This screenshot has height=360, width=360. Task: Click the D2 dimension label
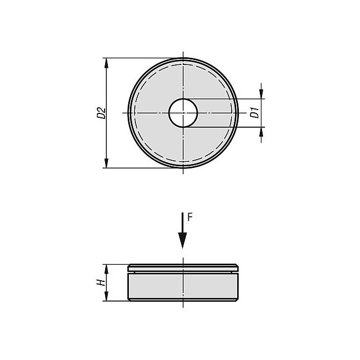(101, 113)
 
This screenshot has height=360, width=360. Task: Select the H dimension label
(101, 282)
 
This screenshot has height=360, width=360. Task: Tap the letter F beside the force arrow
(190, 217)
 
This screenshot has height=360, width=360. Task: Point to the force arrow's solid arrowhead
(183, 241)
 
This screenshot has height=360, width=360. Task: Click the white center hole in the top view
(183, 113)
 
